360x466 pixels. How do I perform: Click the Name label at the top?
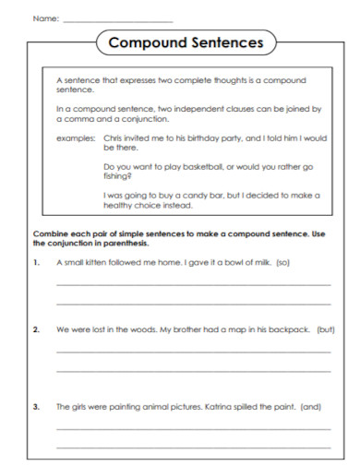45,18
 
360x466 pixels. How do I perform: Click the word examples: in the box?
75,137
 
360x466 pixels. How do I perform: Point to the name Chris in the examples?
113,137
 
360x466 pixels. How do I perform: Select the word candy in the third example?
195,196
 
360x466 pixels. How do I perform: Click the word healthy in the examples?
120,205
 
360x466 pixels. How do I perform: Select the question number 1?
36,263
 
